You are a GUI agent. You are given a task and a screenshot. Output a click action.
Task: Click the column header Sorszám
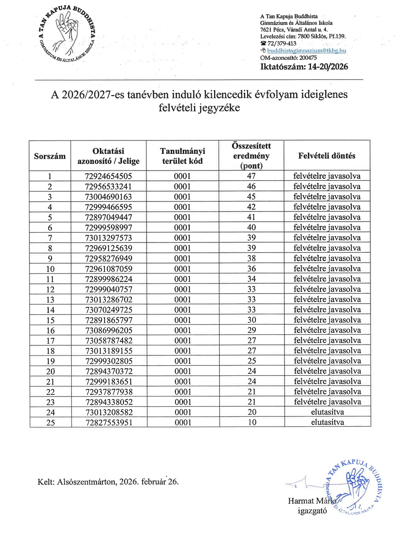point(50,156)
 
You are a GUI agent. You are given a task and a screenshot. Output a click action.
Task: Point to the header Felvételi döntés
point(327,156)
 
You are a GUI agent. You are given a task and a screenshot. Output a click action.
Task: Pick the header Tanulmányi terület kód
point(182,156)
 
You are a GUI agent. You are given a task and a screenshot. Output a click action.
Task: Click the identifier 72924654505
point(108,176)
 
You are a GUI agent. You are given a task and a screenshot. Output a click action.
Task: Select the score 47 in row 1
point(251,176)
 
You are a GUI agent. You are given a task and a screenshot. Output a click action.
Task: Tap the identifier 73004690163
point(108,197)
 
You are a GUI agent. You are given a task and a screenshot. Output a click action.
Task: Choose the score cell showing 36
point(251,269)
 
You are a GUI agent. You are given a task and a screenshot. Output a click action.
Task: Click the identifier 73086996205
point(108,330)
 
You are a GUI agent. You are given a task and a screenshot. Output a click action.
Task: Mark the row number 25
point(50,423)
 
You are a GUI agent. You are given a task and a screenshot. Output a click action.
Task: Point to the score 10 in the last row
point(252,422)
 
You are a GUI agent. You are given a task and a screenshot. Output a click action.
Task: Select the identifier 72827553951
point(109,423)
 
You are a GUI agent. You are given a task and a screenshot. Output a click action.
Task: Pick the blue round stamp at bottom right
point(353,488)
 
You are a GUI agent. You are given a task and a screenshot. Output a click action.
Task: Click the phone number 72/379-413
point(282,44)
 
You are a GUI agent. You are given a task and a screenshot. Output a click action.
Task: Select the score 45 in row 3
point(251,197)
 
